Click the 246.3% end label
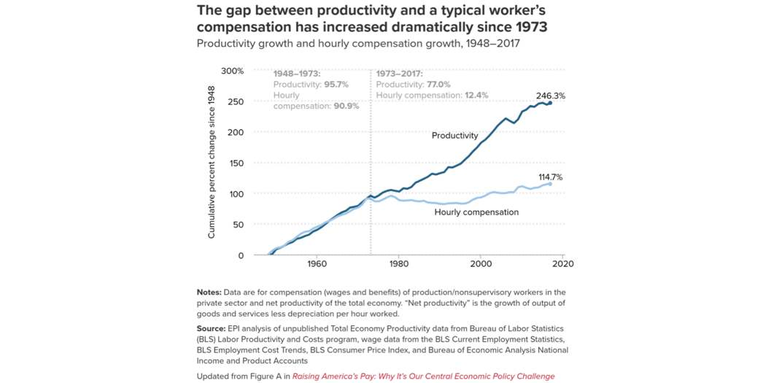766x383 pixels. coord(550,96)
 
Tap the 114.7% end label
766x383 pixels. coord(550,177)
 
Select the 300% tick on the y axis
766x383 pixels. coord(232,71)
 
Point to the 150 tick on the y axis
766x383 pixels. coord(236,163)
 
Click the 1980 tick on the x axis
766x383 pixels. coord(398,263)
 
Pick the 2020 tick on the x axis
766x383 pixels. coord(562,263)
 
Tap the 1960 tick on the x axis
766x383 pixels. coord(317,263)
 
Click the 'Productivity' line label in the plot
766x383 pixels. coord(454,136)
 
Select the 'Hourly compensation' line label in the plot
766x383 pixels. coord(476,212)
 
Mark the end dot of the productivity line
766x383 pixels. coord(550,104)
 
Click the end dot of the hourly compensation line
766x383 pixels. coord(550,185)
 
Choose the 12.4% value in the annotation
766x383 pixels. coord(476,96)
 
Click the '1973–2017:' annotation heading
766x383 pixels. coord(399,74)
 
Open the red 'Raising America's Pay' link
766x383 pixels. coord(423,376)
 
